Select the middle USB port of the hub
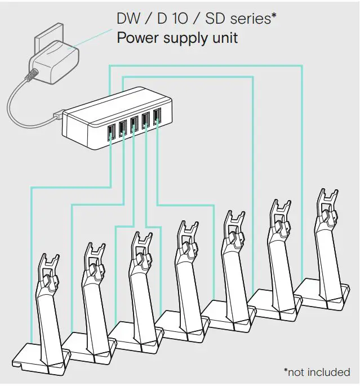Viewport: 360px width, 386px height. click(134, 122)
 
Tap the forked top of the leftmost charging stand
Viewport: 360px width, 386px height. click(51, 265)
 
